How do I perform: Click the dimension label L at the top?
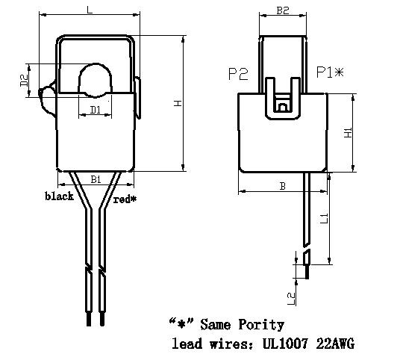coord(90,10)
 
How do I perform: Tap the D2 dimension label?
coord(24,81)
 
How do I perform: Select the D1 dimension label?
coord(96,110)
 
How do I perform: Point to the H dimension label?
coord(178,103)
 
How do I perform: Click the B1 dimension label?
coord(96,179)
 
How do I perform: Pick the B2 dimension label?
coord(283,10)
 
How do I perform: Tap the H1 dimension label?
coord(349,133)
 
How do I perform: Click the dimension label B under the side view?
coord(283,186)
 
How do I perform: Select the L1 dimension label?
coord(324,219)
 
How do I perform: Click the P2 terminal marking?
coord(238,74)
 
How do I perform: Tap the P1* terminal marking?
coord(330,72)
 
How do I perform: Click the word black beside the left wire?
coord(59,196)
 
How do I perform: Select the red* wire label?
coord(125,199)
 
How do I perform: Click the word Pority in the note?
coord(261,325)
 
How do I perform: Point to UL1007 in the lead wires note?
coord(285,344)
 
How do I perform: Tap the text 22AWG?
coord(335,344)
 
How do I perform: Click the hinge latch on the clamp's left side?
coord(47,99)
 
